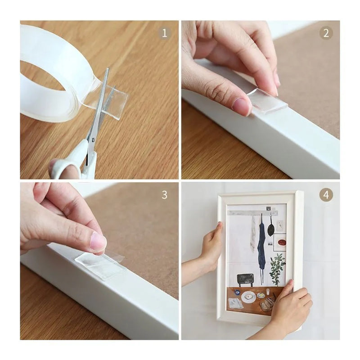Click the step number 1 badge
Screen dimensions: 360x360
164,33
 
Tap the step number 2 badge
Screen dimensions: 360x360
326,33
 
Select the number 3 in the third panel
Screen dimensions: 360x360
164,195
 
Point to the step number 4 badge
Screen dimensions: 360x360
326,195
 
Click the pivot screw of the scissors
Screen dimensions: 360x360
93,139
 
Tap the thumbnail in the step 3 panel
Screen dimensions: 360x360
98,241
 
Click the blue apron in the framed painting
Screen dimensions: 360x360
262,248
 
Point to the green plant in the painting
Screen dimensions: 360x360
278,266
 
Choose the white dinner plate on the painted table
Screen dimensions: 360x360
248,297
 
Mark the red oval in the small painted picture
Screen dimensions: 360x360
281,242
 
